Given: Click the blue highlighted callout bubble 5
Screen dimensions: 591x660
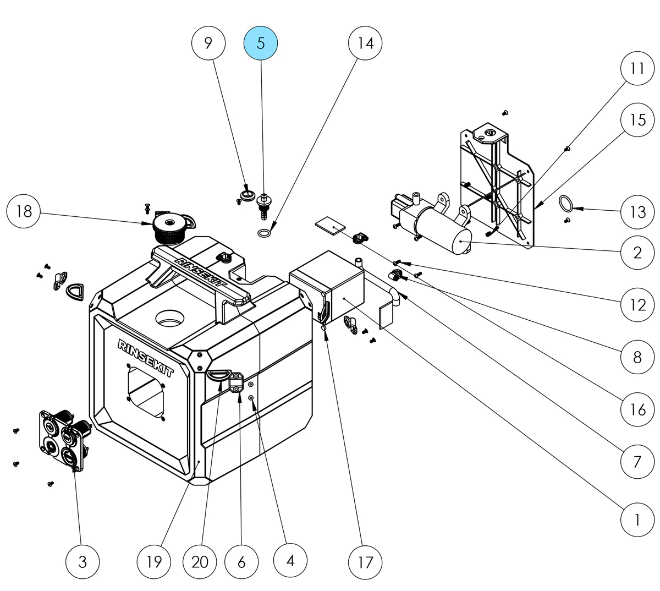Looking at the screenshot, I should pos(261,43).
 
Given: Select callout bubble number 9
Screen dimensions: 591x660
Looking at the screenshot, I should pos(208,43).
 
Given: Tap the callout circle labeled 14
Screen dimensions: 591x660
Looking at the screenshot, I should pos(366,43).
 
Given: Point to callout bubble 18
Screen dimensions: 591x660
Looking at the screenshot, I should pos(24,211).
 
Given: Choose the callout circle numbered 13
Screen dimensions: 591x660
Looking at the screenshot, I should pos(637,211).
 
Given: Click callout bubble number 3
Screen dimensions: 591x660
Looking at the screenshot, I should pos(82,562).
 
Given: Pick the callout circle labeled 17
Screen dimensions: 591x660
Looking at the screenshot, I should pos(365,562).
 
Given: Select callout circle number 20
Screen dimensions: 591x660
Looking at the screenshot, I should pos(200,562).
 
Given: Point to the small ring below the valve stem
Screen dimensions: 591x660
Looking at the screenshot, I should pos(264,234).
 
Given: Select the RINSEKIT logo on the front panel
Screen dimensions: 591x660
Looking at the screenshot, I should pos(146,358).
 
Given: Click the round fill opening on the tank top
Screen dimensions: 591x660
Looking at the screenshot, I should pos(173,318).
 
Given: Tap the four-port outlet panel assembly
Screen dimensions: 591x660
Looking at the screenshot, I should pos(62,438).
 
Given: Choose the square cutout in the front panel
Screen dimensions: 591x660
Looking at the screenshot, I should pos(147,391).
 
